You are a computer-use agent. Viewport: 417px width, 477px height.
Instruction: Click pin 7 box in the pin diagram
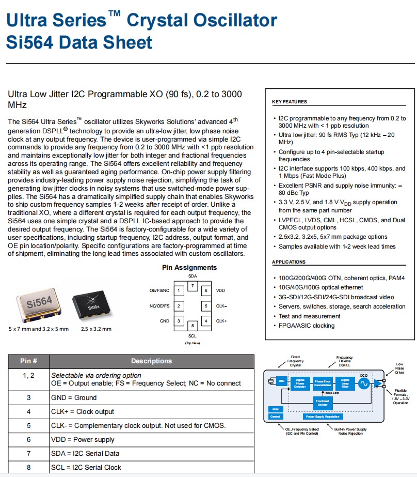192,286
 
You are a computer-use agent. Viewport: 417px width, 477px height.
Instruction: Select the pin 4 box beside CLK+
205,321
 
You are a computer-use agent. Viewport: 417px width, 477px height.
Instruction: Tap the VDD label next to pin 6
220,290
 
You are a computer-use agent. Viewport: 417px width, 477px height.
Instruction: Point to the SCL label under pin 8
192,335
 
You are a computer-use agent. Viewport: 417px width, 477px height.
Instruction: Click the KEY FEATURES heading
289,102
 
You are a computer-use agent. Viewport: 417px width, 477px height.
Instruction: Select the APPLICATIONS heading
289,262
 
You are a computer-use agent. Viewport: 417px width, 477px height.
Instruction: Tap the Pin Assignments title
189,267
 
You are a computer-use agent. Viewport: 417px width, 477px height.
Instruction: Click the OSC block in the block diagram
281,382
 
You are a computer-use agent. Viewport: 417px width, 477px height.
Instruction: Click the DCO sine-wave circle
363,383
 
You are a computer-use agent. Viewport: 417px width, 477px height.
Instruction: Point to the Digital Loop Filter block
345,383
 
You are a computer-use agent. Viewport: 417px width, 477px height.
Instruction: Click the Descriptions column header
151,361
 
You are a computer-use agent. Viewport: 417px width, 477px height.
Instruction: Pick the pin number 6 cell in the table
29,439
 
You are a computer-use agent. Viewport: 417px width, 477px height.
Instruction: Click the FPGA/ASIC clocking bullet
307,326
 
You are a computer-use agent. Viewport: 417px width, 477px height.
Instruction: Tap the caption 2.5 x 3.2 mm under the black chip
96,329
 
